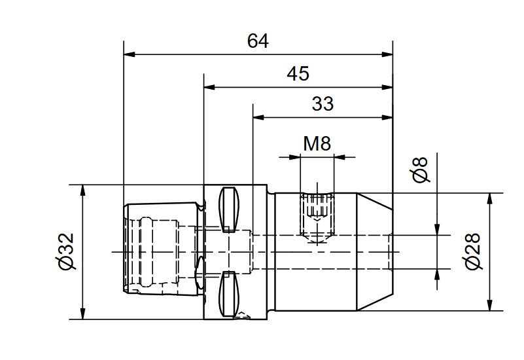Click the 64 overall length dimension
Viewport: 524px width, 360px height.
pos(258,41)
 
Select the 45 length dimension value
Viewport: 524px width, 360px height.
pos(298,74)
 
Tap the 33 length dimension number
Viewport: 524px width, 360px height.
pos(323,104)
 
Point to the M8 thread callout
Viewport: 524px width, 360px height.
pos(317,144)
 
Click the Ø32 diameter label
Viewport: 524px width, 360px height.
pos(66,251)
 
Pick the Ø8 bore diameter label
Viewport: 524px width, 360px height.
pos(420,170)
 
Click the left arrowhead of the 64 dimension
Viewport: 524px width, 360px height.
pos(130,54)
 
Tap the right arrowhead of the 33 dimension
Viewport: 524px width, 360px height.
pos(387,117)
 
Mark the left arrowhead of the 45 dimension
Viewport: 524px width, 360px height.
pos(209,87)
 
